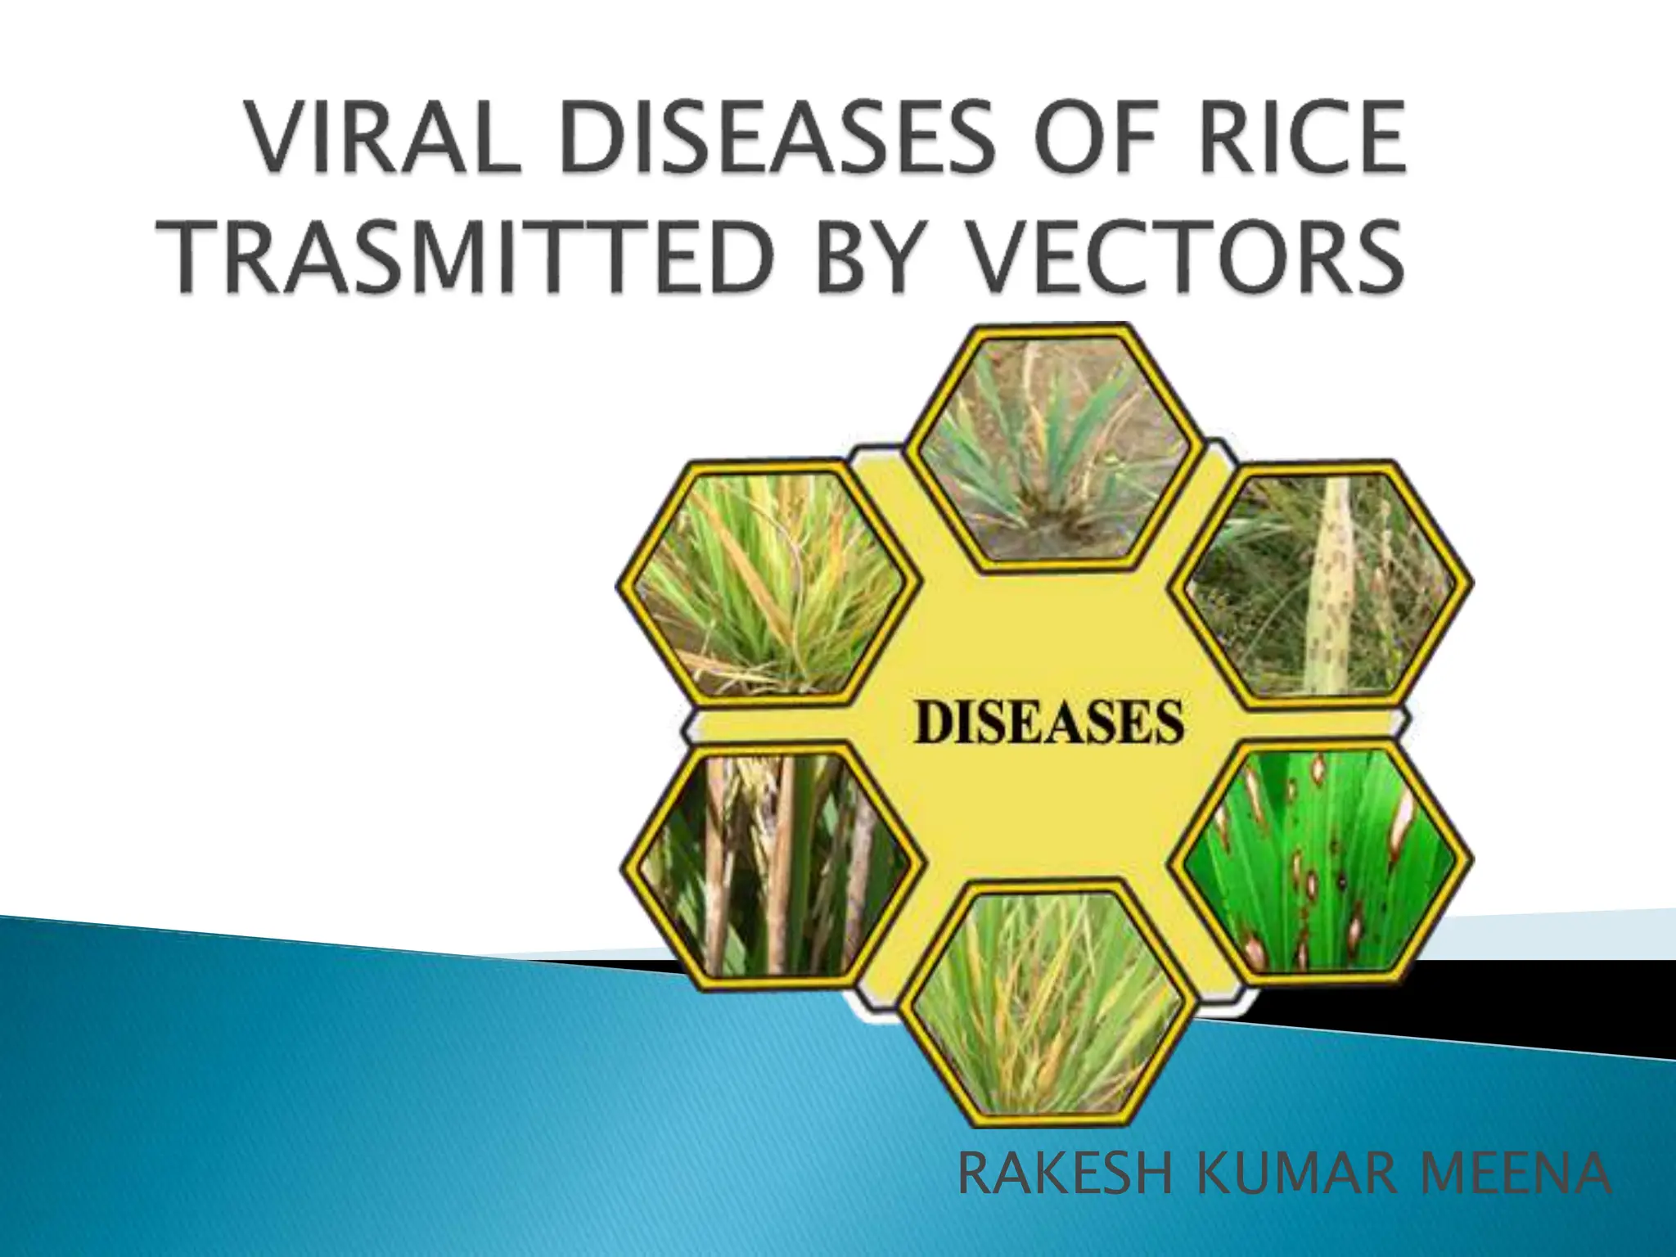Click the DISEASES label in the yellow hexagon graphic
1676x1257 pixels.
point(1048,723)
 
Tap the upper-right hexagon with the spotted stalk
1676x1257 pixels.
point(1322,584)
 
